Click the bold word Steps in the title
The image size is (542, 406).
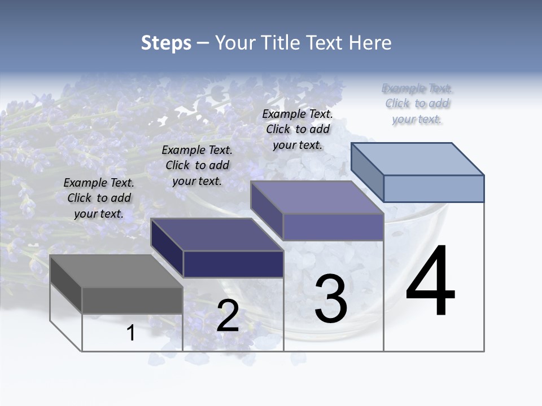[x=166, y=43]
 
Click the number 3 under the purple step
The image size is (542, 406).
[x=331, y=299]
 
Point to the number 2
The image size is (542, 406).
[x=228, y=316]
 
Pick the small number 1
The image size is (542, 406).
[x=131, y=333]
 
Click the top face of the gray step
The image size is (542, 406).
[x=116, y=271]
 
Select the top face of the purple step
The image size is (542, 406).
[x=317, y=197]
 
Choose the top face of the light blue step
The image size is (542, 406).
[x=417, y=159]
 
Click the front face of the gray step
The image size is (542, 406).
[x=132, y=300]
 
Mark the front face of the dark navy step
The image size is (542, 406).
[x=233, y=264]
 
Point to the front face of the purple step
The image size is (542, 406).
[x=333, y=227]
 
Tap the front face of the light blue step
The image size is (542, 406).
[x=434, y=188]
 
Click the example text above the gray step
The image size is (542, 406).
[x=99, y=198]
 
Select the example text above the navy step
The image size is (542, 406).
[x=197, y=165]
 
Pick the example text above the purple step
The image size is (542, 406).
[x=298, y=129]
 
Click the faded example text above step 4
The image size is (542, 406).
[x=417, y=103]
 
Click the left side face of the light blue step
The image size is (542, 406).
[x=367, y=172]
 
